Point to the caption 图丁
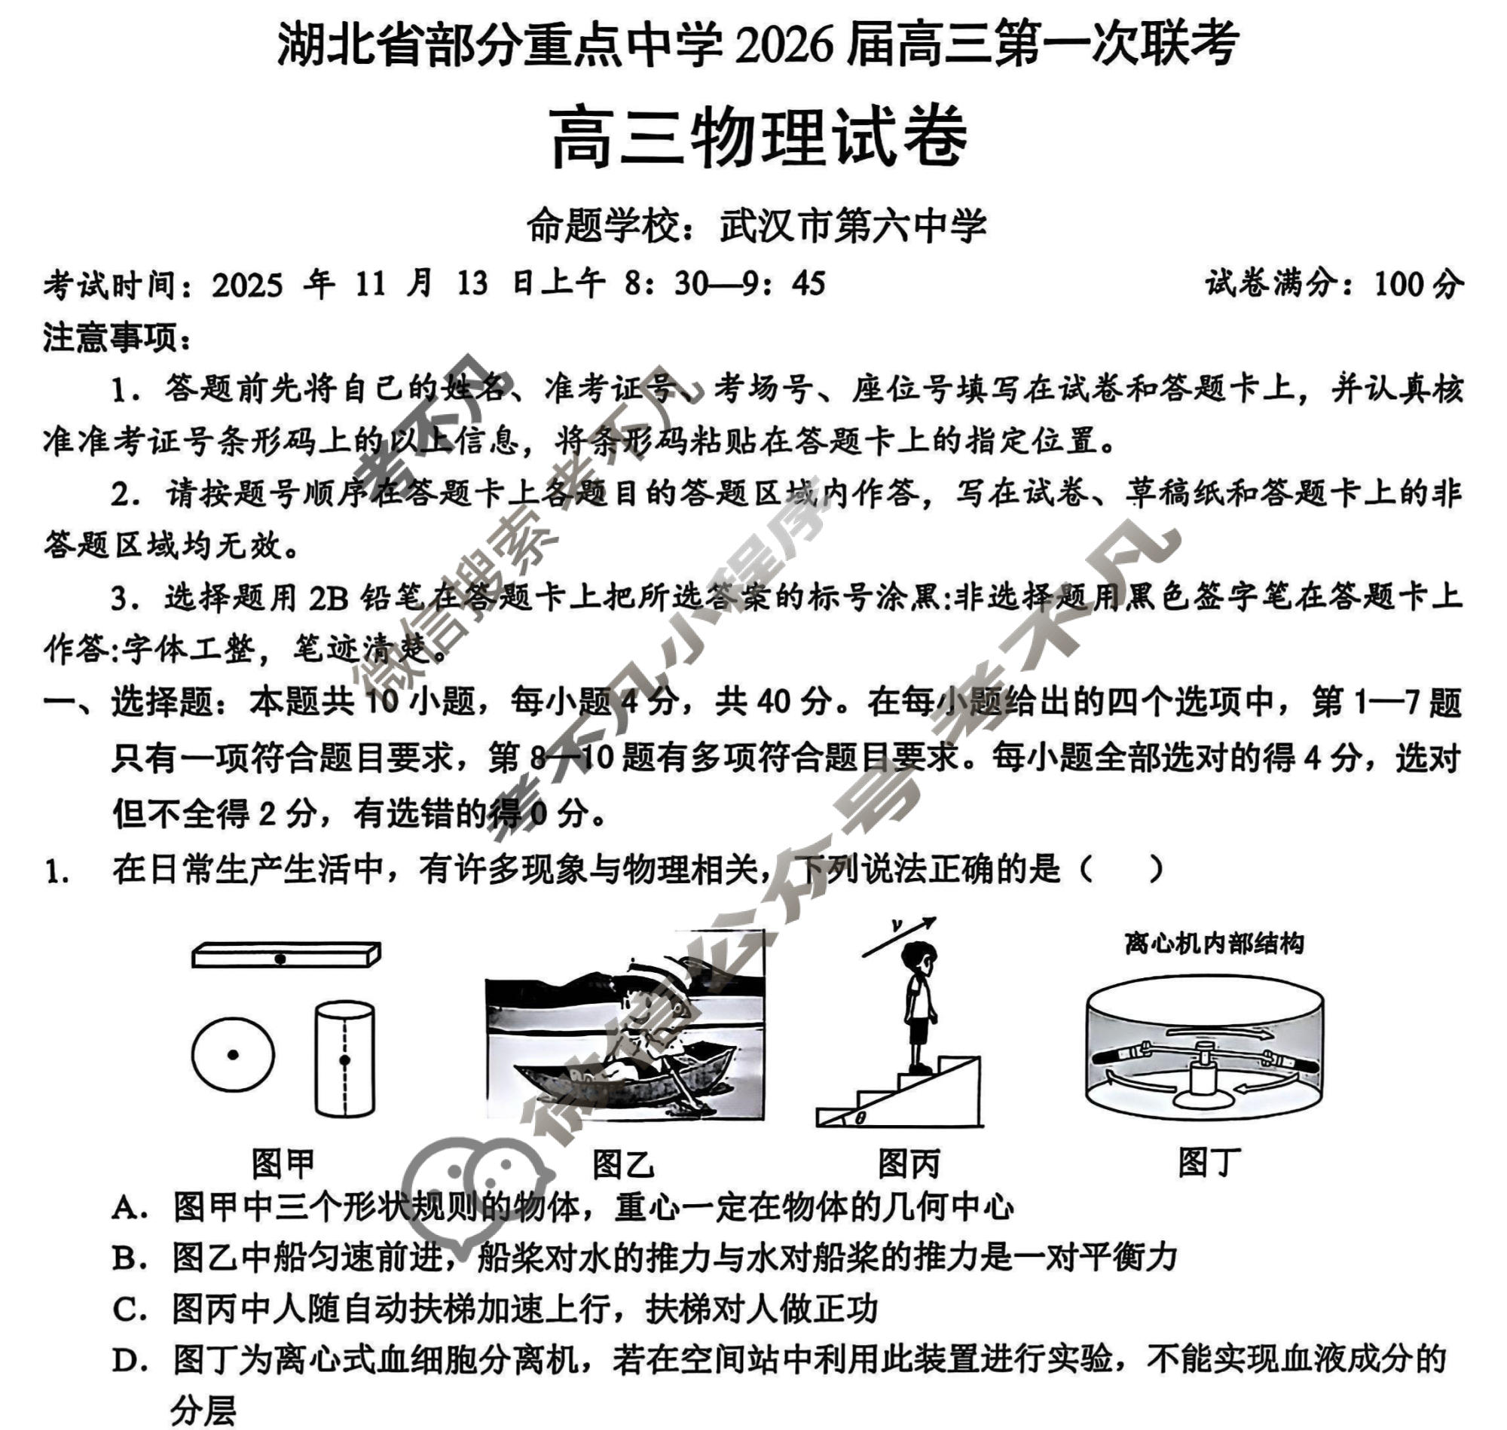(x=1209, y=1163)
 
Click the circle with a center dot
(x=233, y=1055)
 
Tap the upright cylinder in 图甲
(x=344, y=1060)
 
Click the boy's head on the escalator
(x=919, y=958)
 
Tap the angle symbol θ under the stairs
(x=860, y=1118)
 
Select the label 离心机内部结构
(x=1213, y=944)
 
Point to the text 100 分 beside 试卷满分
(x=1419, y=285)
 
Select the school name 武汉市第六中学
(x=853, y=227)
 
